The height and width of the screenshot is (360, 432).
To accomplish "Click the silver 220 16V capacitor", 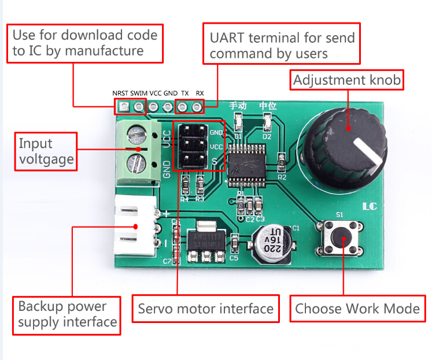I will [x=272, y=242].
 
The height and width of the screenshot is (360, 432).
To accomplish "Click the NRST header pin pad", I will [x=123, y=107].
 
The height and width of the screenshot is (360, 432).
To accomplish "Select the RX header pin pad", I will [x=198, y=107].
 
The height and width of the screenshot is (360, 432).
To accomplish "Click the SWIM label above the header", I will [x=139, y=93].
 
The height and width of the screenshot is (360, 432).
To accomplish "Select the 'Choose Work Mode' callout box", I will [x=357, y=309].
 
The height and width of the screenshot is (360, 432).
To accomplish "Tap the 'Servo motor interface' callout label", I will [x=206, y=309].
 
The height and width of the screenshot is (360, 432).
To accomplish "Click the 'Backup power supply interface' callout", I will [x=67, y=314].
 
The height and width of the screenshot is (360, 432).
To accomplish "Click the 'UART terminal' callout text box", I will [x=282, y=44].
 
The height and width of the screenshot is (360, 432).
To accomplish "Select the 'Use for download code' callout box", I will [x=85, y=43].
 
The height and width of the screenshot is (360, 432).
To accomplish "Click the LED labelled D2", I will [x=267, y=123].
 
